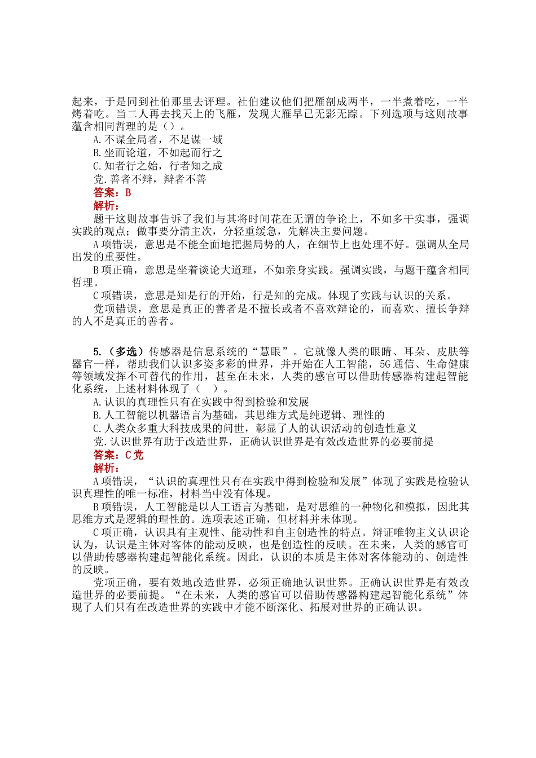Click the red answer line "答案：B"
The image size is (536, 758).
click(x=112, y=192)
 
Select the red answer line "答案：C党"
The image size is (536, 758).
click(x=118, y=455)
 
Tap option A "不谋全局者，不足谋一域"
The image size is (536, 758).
click(x=157, y=139)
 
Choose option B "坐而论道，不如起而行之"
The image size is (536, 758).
click(x=157, y=152)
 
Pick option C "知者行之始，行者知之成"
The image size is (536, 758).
click(x=157, y=166)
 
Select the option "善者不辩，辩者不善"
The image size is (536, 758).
click(x=150, y=179)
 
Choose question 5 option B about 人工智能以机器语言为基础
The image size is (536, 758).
click(x=239, y=415)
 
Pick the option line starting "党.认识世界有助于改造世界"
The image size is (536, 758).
click(x=263, y=442)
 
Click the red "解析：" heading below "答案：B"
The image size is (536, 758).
click(x=106, y=205)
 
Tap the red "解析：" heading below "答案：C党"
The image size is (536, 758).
click(x=106, y=468)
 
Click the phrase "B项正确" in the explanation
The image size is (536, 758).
click(x=113, y=270)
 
